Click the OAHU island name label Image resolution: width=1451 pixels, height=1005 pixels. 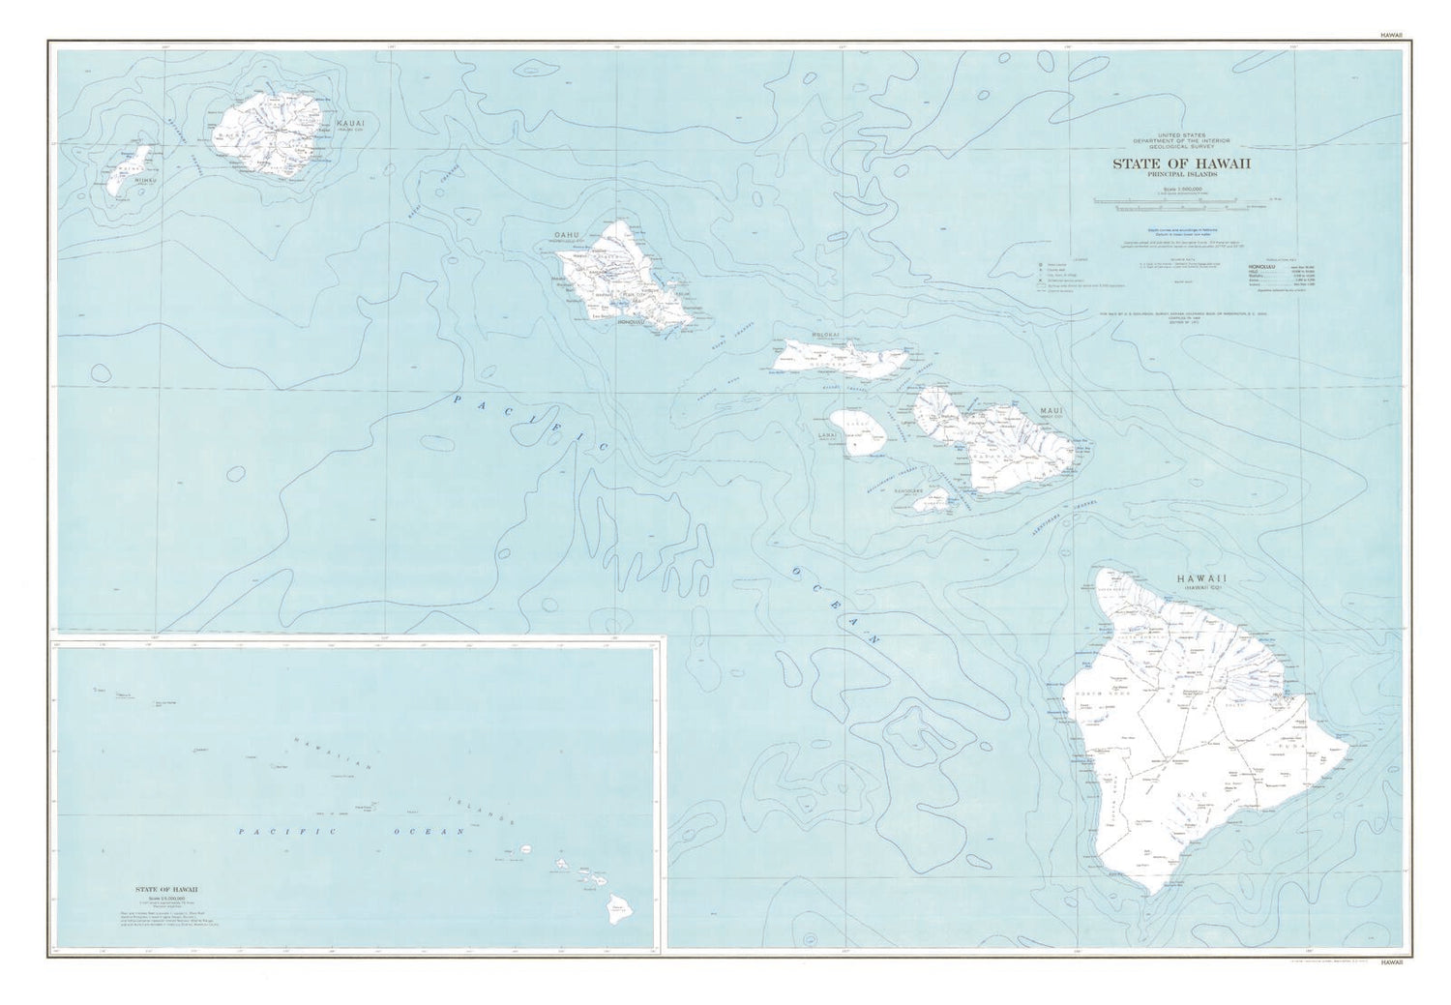point(566,235)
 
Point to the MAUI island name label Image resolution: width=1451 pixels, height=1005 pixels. point(1051,411)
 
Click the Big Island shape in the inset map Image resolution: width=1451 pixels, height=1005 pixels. point(616,905)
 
